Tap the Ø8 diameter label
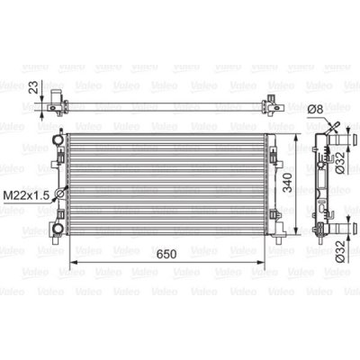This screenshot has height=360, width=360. point(316,110)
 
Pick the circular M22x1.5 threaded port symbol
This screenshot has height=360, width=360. point(59,193)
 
